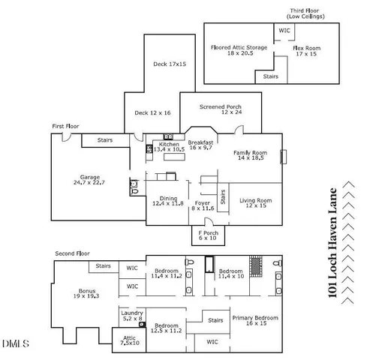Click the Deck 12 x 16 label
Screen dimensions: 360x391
click(x=152, y=112)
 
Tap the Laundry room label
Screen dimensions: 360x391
click(x=132, y=315)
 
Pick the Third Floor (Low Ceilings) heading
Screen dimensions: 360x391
click(x=308, y=14)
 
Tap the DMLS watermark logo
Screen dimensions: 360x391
click(x=15, y=345)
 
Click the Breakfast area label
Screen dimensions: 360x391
click(x=201, y=145)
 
